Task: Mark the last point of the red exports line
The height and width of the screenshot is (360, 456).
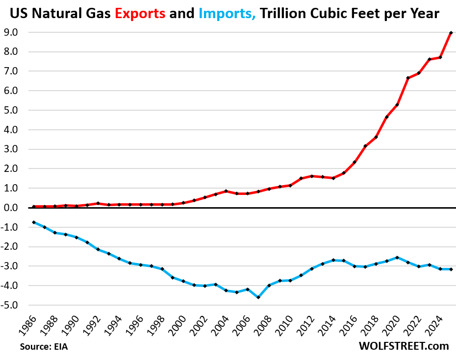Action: [451, 33]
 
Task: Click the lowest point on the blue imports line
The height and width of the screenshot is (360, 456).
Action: [258, 297]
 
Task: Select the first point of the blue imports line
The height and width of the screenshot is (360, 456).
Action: [33, 222]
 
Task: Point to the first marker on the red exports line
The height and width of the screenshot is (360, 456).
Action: [33, 207]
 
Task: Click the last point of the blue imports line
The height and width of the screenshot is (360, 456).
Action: [451, 269]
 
